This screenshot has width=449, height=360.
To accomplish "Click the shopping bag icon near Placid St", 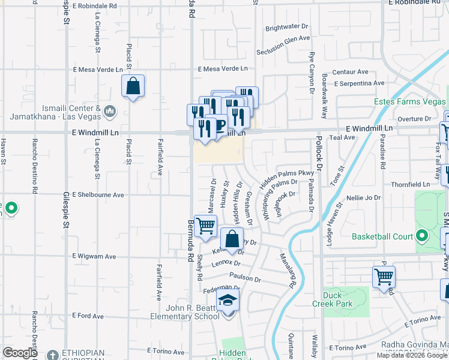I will coord(133,86).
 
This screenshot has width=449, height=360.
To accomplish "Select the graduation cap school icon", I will coord(228,299).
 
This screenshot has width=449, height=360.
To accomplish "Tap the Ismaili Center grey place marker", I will coord(110,111).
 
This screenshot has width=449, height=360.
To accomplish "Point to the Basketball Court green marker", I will coord(423,236).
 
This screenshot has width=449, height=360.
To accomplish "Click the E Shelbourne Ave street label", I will coord(98,194).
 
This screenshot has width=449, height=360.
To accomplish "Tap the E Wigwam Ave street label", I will coord(94,256).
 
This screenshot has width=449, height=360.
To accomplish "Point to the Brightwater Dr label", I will coord(286,28).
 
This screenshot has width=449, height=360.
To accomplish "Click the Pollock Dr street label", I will coord(320,156).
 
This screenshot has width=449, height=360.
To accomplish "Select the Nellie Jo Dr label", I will coord(363,197).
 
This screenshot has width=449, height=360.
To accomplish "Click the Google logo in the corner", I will coord(20,353).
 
